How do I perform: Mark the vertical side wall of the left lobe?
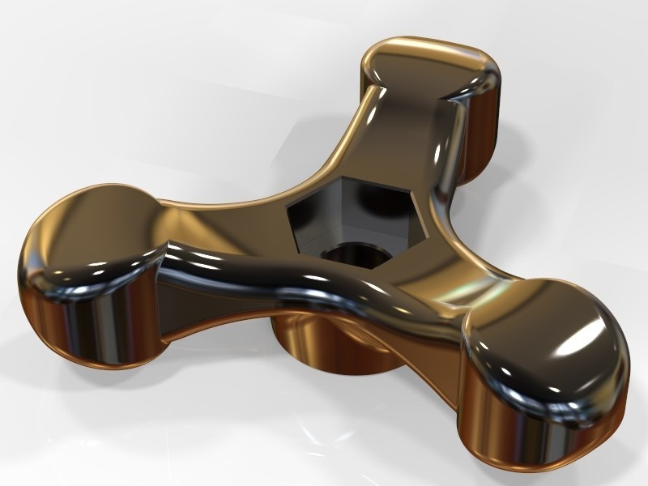point(81,324)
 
